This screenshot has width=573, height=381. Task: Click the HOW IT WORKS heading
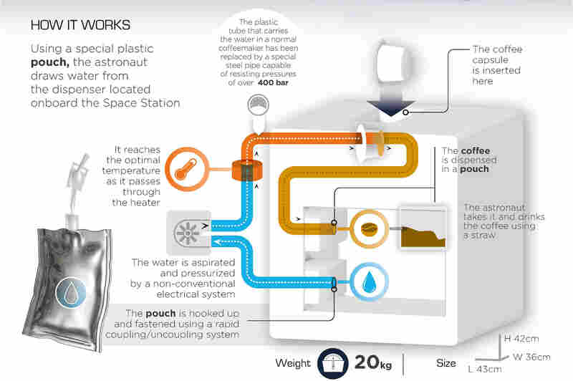tap(80, 25)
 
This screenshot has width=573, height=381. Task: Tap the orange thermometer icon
tap(187, 169)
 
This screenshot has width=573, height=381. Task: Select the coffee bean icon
tap(369, 229)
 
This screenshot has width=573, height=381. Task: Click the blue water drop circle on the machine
tap(369, 282)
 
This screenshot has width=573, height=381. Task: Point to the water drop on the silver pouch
tap(71, 292)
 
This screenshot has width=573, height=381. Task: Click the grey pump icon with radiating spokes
tap(188, 232)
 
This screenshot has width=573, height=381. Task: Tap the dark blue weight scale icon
tap(332, 364)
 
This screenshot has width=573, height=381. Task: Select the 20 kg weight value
tap(372, 362)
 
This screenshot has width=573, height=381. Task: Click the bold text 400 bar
tap(273, 82)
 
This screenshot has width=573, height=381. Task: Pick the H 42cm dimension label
tap(521, 339)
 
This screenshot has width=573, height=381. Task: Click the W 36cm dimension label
tap(531, 357)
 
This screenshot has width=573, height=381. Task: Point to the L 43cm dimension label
tap(485, 369)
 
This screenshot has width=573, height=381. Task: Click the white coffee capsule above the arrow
tap(392, 60)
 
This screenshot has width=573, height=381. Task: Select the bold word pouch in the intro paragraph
tap(50, 63)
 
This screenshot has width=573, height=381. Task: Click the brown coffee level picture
tap(423, 229)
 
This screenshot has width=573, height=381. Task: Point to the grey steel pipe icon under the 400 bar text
tap(259, 105)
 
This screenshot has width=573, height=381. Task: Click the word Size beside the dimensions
tap(446, 363)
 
